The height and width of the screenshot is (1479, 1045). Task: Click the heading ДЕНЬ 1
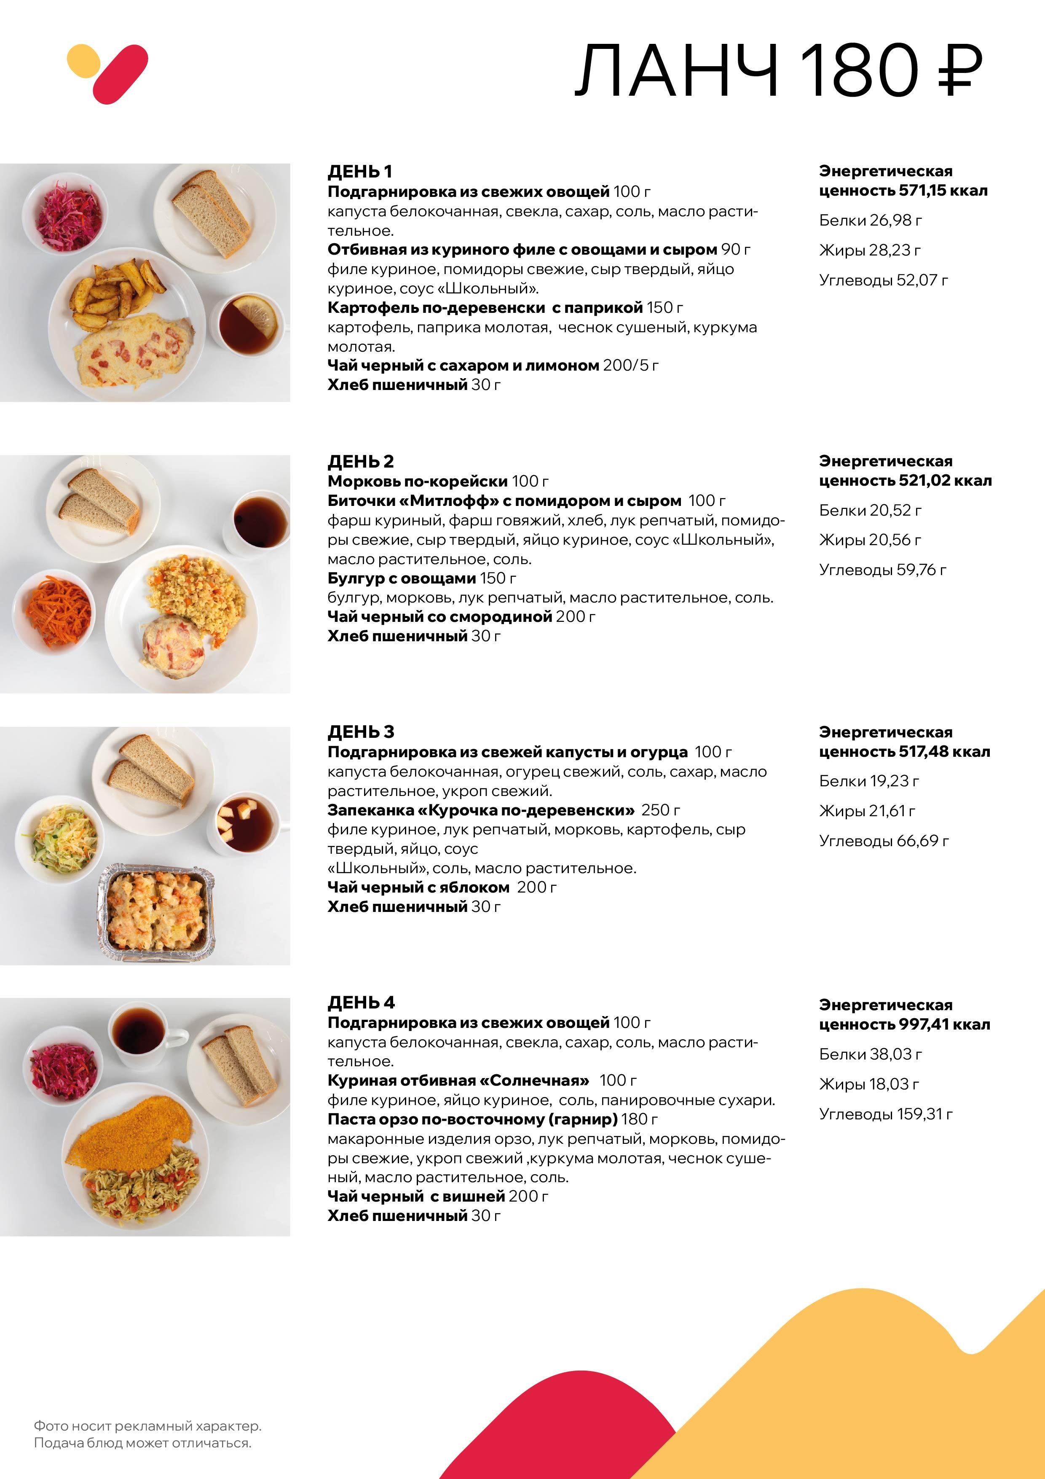pos(359,171)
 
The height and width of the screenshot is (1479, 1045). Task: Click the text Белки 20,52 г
pos(870,510)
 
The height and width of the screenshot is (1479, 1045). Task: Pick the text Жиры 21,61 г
pos(867,811)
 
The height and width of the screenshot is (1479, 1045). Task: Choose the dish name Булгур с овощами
pos(401,578)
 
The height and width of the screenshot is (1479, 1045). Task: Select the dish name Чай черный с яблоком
pos(418,887)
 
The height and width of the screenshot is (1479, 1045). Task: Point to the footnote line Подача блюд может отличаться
pos(142,1443)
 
